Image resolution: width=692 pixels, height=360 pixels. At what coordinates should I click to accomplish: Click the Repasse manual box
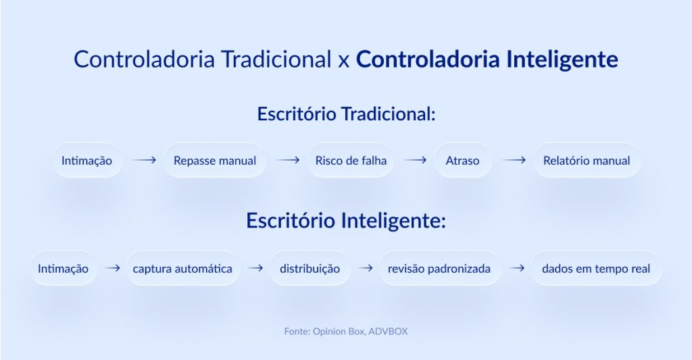pyautogui.click(x=215, y=161)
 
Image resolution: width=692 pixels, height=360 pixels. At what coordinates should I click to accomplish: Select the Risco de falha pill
pyautogui.click(x=350, y=161)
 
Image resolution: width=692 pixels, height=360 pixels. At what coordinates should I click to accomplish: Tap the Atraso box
pyautogui.click(x=462, y=161)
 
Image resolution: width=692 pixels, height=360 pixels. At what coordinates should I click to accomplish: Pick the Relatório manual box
pyautogui.click(x=587, y=161)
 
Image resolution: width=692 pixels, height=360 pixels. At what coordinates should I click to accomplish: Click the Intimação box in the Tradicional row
pyautogui.click(x=86, y=161)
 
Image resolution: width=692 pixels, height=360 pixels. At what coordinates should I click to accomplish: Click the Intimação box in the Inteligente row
pyautogui.click(x=64, y=268)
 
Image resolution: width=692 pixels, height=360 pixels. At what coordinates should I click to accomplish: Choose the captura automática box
pyautogui.click(x=182, y=268)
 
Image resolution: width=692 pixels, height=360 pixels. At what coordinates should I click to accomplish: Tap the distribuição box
pyautogui.click(x=310, y=268)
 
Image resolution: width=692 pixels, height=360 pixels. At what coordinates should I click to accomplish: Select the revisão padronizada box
pyautogui.click(x=439, y=268)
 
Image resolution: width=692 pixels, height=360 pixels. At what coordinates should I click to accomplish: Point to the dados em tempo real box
pyautogui.click(x=596, y=268)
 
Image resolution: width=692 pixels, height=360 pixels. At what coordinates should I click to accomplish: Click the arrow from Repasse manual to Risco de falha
pyautogui.click(x=287, y=161)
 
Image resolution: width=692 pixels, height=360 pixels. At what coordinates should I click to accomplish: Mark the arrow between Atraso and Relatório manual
pyautogui.click(x=514, y=161)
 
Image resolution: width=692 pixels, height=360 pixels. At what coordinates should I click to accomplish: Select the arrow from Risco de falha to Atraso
pyautogui.click(x=415, y=161)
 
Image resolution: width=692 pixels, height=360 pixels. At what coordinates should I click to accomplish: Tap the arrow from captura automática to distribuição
pyautogui.click(x=255, y=268)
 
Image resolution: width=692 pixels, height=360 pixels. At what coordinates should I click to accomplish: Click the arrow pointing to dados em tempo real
pyautogui.click(x=517, y=268)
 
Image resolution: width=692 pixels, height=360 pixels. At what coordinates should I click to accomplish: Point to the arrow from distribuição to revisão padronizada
pyautogui.click(x=366, y=268)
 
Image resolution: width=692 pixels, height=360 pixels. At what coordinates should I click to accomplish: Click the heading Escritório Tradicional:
pyautogui.click(x=346, y=113)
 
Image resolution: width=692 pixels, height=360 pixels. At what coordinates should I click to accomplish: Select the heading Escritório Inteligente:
pyautogui.click(x=346, y=221)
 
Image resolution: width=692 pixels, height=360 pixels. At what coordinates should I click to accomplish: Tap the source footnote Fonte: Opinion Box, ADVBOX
pyautogui.click(x=346, y=332)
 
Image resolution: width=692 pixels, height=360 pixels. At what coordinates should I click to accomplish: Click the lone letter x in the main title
pyautogui.click(x=343, y=61)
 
